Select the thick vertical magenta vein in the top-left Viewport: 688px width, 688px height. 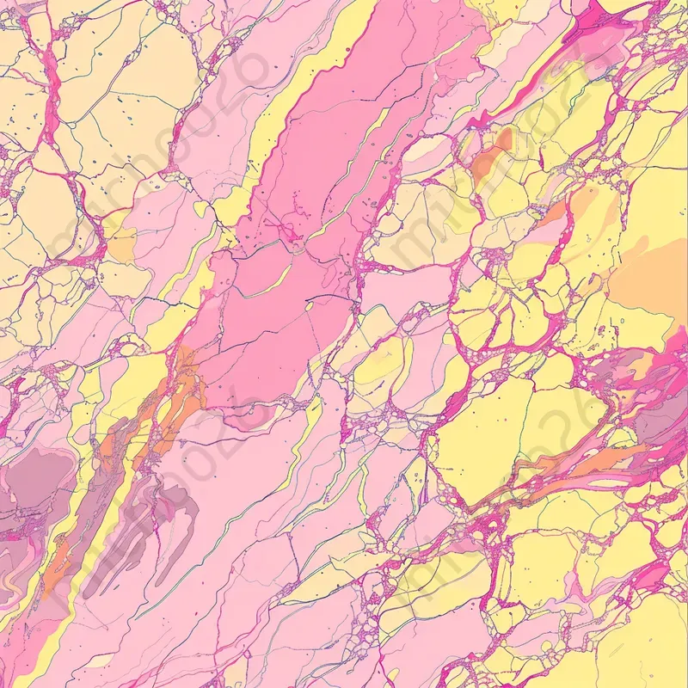coord(49,95)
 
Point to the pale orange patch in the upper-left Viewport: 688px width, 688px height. coord(120,245)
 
